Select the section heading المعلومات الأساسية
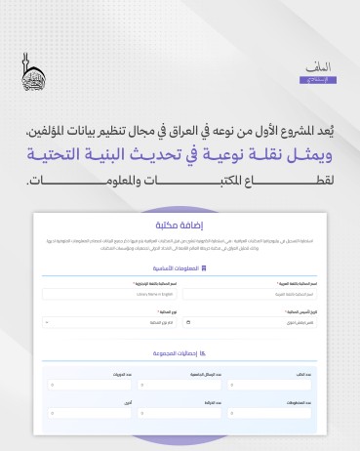(175, 266)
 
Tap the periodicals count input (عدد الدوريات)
(86, 383)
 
